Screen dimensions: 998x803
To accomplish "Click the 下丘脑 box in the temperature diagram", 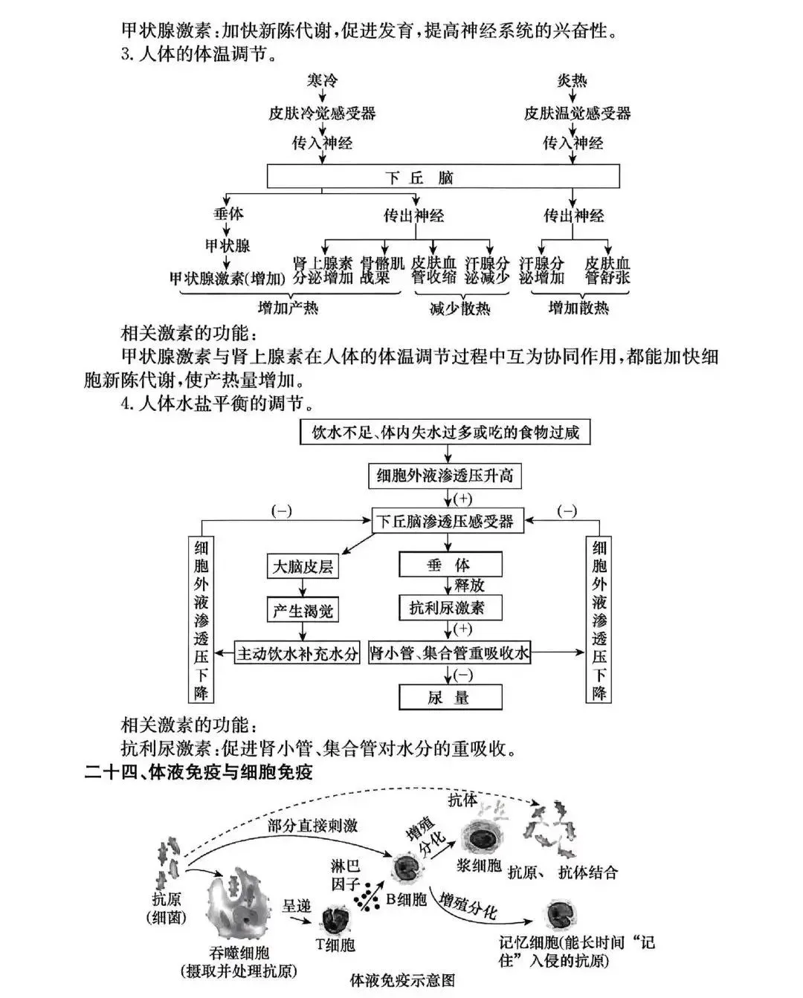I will pos(443,178).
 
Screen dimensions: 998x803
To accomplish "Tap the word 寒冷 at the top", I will pos(322,80).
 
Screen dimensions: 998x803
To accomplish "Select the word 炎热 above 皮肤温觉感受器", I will pos(573,80).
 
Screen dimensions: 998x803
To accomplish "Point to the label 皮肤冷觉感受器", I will pos(322,113).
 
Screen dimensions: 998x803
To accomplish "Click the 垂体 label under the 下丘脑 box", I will pos(228,214).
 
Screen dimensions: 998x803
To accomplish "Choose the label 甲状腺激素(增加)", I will pos(228,279).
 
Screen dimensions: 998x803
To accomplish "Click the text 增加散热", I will pos(578,307).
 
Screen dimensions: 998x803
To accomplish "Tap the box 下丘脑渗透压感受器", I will pos(445,521).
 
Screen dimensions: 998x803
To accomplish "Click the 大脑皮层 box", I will pos(302,566).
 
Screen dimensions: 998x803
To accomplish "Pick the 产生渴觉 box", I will pos(302,611).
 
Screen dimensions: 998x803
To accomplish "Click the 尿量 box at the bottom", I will pos(450,697).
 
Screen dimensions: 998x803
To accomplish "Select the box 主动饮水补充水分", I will pos(297,654).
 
